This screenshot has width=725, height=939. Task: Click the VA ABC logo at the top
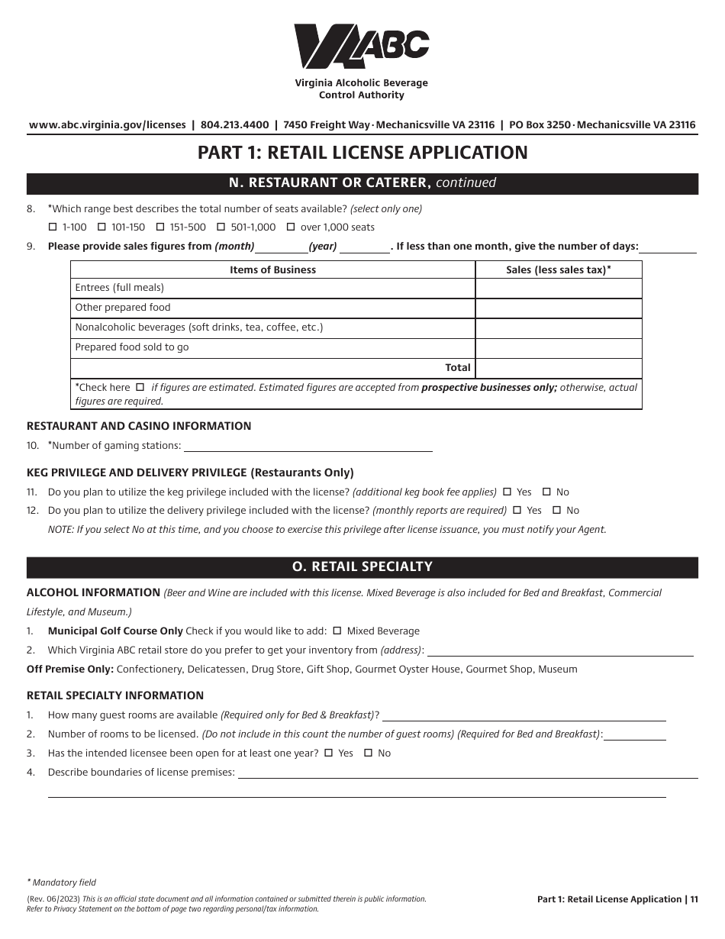(362, 47)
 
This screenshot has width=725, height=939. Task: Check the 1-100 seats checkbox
(53, 227)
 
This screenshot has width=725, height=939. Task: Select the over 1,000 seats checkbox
(291, 227)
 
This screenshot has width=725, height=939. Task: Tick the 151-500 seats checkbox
(160, 227)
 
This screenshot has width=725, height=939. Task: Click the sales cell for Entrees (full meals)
(558, 288)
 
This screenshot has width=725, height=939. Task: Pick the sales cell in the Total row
(558, 367)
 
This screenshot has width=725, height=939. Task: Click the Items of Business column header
(272, 269)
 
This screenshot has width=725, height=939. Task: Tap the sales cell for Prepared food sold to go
(558, 347)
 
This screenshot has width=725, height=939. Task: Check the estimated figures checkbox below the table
(139, 387)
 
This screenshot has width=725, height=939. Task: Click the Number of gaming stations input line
(308, 446)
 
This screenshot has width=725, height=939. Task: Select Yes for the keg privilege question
(507, 492)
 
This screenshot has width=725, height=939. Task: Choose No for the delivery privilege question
(556, 511)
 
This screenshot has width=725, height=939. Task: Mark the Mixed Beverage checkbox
(337, 631)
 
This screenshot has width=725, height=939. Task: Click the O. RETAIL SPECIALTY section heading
(362, 567)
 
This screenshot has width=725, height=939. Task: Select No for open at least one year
(368, 753)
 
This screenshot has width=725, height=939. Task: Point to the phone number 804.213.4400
(234, 125)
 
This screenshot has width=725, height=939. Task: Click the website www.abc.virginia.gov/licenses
(107, 125)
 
